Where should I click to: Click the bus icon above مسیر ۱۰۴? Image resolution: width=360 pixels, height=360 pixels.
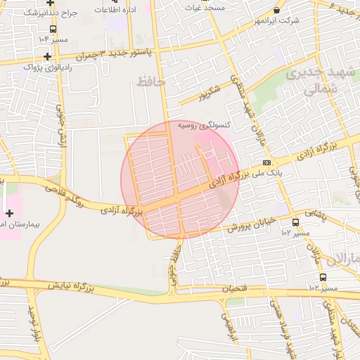(53, 29)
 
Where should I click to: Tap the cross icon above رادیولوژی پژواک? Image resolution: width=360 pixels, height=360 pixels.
(47, 56)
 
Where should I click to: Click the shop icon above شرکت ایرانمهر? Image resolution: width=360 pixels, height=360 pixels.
(276, 10)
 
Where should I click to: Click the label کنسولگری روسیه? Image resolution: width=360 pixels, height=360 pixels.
(203, 124)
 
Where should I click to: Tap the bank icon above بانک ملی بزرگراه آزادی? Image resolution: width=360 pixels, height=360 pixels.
(266, 162)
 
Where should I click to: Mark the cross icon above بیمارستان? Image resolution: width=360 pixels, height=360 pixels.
(9, 212)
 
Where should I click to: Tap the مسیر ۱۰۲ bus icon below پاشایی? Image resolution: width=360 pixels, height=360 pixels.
(296, 223)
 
